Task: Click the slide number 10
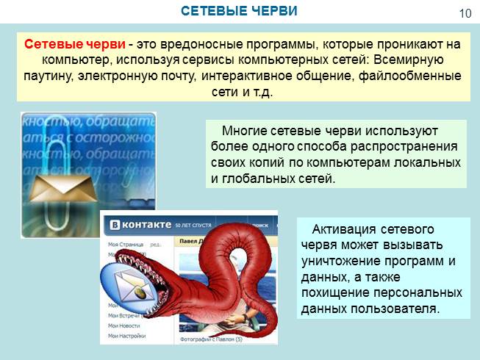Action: click(x=465, y=13)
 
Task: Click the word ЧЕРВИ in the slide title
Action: click(x=271, y=11)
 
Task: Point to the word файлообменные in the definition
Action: click(x=412, y=76)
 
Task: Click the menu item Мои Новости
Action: click(x=122, y=325)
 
